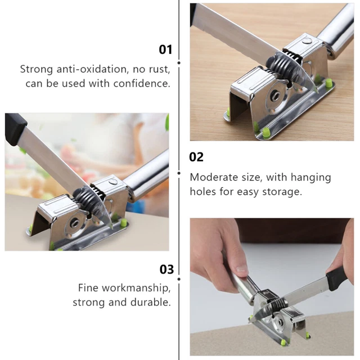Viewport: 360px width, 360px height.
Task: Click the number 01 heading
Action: [x=165, y=49]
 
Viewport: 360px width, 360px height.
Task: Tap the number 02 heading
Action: [x=196, y=157]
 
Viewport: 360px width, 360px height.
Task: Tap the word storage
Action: [x=281, y=191]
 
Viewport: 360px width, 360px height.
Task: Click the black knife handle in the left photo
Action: [x=15, y=129]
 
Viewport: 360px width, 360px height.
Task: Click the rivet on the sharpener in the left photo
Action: [x=112, y=181]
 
